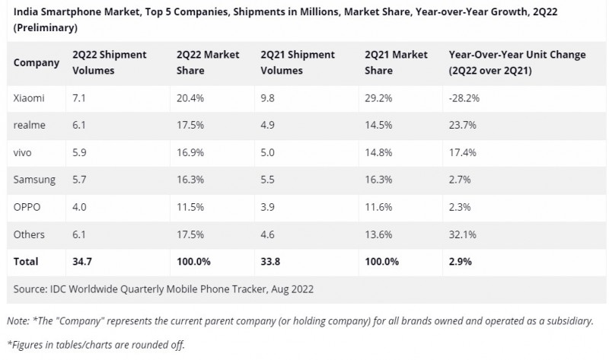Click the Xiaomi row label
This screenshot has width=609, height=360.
point(28,98)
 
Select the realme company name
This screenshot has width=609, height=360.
point(28,125)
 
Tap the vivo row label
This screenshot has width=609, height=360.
point(24,152)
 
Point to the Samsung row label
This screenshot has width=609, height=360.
point(33,180)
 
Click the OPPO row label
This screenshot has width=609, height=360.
point(27,207)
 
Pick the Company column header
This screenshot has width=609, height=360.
point(36,62)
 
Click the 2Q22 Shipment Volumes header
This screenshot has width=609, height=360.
point(109,62)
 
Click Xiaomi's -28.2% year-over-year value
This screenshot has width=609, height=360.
point(464,98)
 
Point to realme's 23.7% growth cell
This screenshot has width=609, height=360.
point(463,125)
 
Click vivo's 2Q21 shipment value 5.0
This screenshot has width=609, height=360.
point(268,152)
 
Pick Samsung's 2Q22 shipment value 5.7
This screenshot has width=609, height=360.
point(79,180)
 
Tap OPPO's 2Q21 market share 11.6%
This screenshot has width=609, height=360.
point(380,207)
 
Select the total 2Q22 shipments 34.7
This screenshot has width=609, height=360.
point(83,262)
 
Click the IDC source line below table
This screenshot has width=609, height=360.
point(164,289)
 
